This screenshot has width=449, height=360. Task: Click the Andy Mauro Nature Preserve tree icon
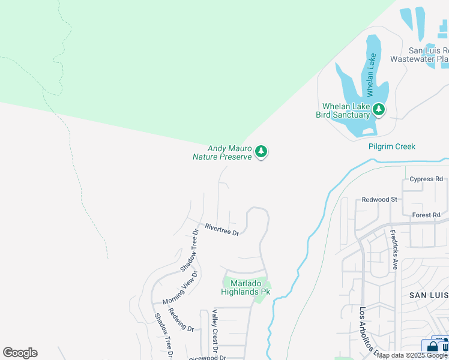click(x=261, y=152)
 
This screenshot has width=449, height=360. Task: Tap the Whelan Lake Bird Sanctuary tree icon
click(x=378, y=109)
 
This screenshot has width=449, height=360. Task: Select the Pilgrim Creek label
click(x=391, y=146)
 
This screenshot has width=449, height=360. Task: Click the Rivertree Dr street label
click(x=221, y=230)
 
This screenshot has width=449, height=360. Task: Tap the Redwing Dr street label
click(x=181, y=320)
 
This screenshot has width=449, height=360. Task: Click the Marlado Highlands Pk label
click(x=246, y=287)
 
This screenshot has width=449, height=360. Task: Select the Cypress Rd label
click(x=426, y=179)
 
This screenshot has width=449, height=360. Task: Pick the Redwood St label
click(x=379, y=199)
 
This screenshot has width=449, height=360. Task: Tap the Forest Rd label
click(x=426, y=215)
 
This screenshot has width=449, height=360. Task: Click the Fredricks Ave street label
click(x=394, y=248)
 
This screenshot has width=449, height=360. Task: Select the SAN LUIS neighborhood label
click(x=429, y=295)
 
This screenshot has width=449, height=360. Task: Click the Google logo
click(x=20, y=353)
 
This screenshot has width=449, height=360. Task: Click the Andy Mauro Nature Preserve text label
click(x=221, y=152)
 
